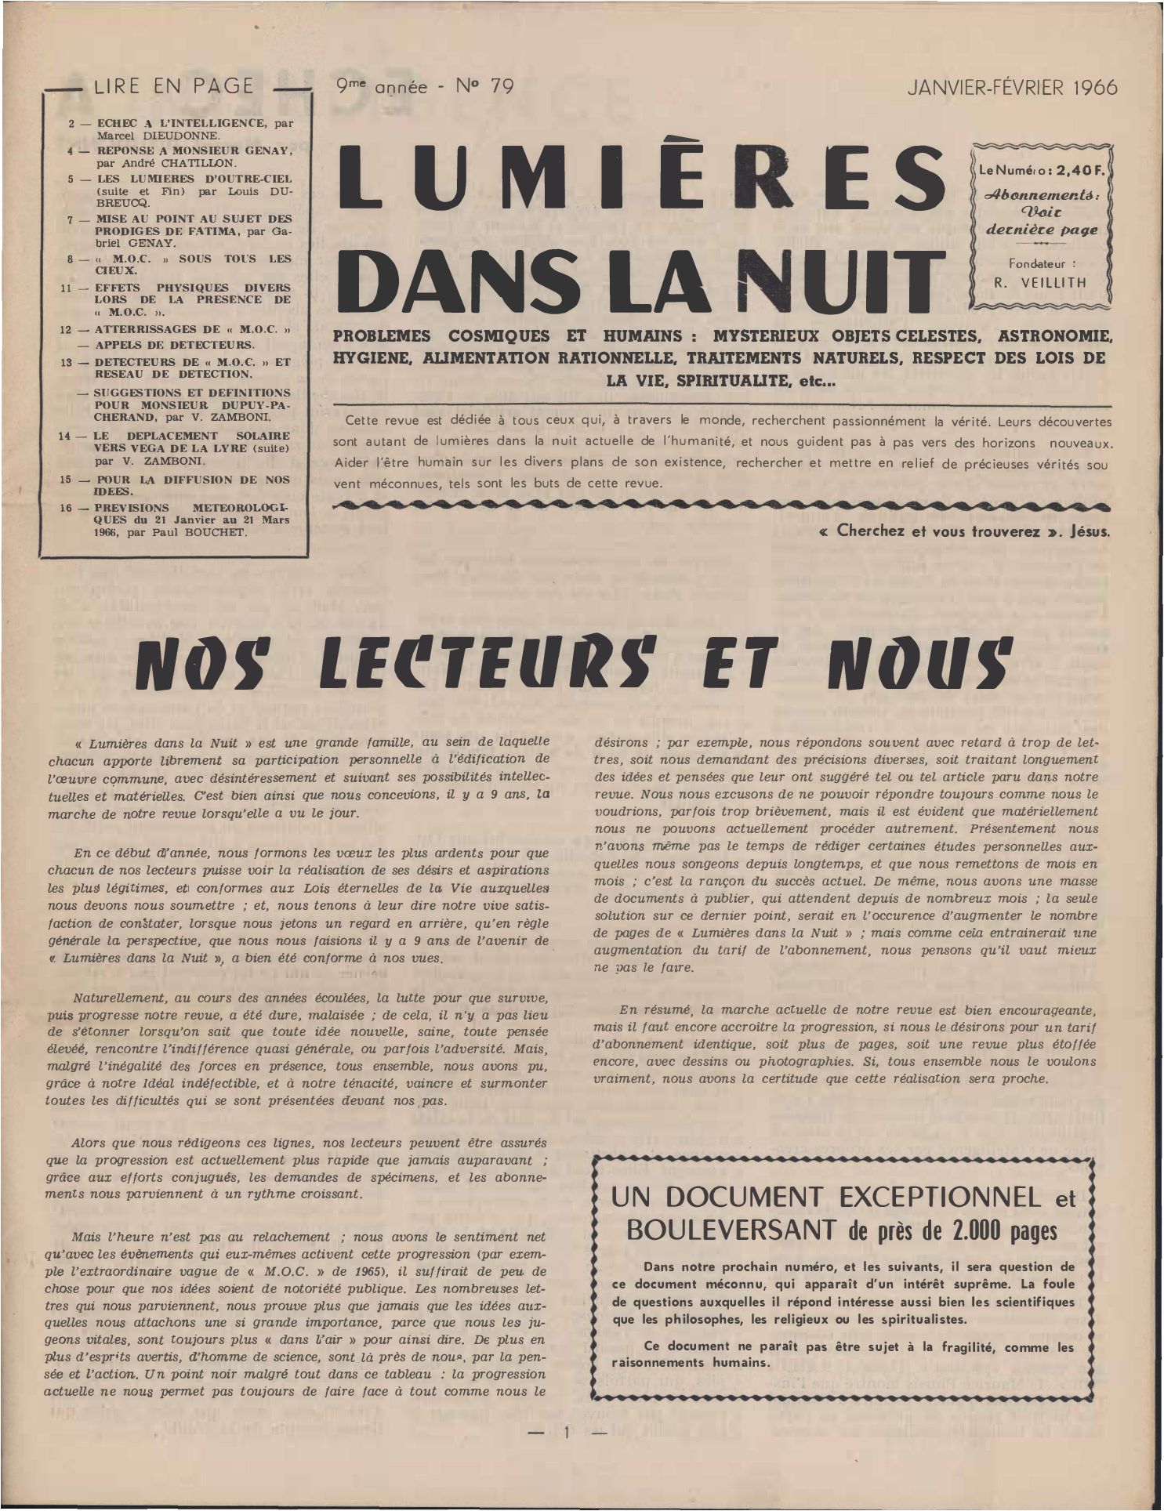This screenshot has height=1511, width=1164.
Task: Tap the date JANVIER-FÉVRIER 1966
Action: pos(1012,88)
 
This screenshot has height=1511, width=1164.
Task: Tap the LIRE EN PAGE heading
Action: pos(173,86)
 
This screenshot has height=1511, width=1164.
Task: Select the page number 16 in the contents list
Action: pos(67,508)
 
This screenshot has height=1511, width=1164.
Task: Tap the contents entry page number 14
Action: pos(67,436)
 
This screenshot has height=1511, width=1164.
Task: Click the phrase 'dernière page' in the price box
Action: pos(1042,230)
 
